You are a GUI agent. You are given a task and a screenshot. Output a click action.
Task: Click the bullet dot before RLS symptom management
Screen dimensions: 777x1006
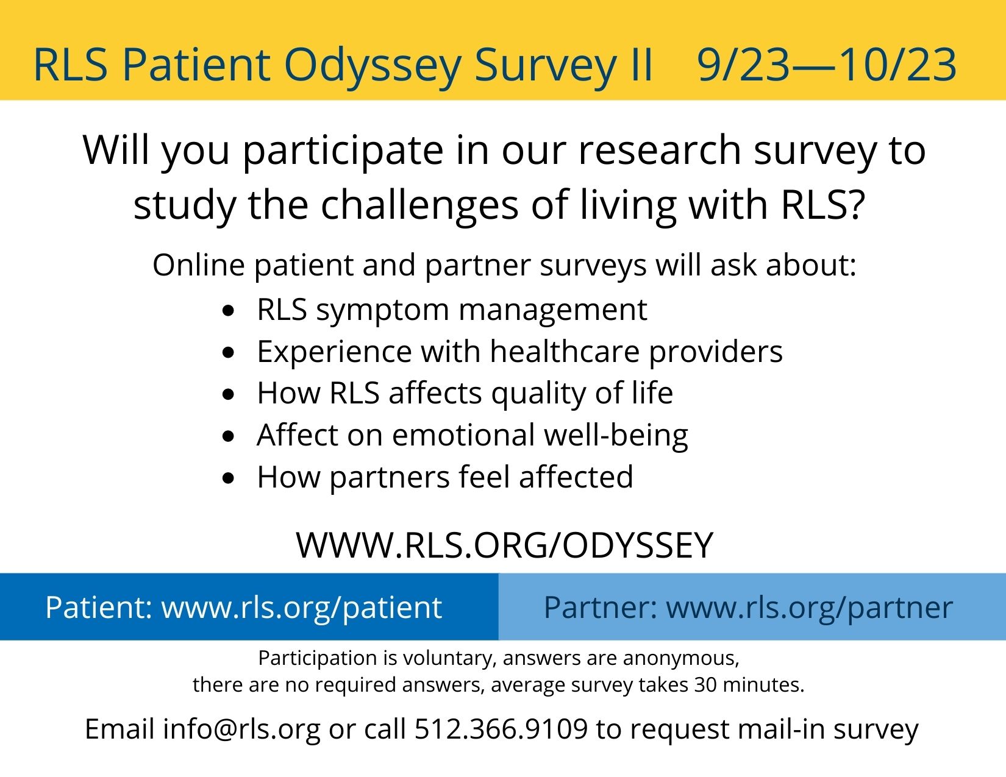(x=229, y=311)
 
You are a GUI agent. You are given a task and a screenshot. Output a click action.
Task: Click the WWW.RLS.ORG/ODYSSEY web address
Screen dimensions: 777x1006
(x=504, y=545)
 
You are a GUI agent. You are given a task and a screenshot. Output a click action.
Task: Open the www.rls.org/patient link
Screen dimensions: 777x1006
(x=301, y=607)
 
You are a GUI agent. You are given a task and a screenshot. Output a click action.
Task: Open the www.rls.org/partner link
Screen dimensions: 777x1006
(x=809, y=607)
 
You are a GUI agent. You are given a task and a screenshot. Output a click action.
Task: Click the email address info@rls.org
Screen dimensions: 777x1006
(x=241, y=729)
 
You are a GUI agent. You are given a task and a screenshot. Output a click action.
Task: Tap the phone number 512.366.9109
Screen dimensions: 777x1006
(x=501, y=729)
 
